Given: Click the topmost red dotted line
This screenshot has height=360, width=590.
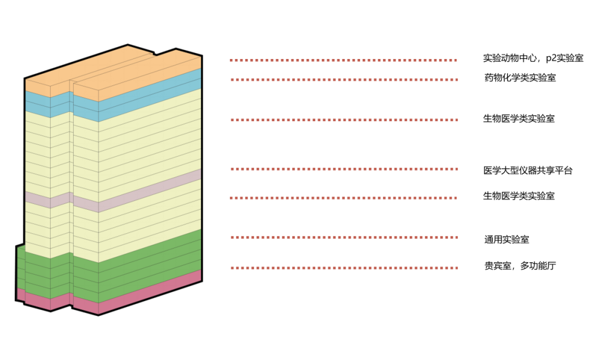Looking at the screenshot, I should click(x=343, y=61).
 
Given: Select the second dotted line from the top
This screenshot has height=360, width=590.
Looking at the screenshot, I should click(x=343, y=80).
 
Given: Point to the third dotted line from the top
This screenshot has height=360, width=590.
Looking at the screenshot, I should click(x=343, y=120).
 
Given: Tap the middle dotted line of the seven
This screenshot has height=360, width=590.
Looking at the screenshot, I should click(x=343, y=169).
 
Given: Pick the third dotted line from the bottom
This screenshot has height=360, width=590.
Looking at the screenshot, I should click(x=343, y=198).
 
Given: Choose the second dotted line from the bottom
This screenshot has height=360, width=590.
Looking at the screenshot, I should click(x=343, y=238).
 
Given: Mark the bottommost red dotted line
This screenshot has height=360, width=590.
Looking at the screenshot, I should click(x=343, y=268).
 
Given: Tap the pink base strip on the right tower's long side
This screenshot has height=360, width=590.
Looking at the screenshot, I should click(x=150, y=292).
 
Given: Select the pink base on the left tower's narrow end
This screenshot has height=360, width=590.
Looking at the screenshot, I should click(x=38, y=301).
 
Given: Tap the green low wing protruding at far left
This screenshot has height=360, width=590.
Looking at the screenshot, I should click(x=21, y=268).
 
